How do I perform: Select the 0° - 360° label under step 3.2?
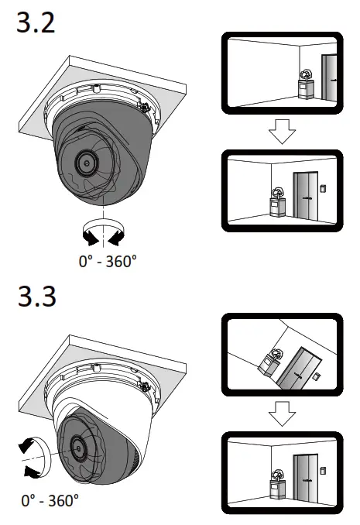coord(108,261)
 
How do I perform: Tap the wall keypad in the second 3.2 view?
coord(323,187)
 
